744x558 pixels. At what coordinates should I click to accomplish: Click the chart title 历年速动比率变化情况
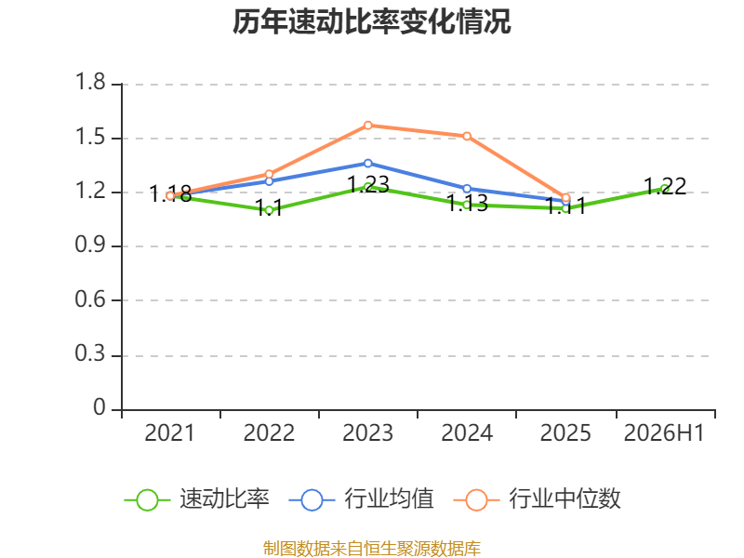coord(371,21)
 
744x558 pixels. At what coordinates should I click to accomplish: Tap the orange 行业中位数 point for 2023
coord(368,126)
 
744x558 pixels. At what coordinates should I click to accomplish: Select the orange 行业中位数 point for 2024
coord(467,136)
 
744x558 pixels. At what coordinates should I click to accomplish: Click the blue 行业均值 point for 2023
coord(368,164)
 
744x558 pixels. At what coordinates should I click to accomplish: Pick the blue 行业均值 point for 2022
coord(269,181)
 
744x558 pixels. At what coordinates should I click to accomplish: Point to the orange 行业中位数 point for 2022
coord(269,174)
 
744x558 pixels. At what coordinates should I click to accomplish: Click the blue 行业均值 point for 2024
coord(467,189)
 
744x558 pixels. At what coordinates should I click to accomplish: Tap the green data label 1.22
coord(665,186)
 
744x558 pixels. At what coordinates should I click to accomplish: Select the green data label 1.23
coord(368,184)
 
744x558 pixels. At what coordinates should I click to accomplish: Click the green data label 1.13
coord(467,203)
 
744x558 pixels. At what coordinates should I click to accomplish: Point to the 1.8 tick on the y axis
coord(90,82)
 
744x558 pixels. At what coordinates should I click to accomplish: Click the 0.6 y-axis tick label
coord(90,299)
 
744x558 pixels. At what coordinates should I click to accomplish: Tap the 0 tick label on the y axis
coord(100,407)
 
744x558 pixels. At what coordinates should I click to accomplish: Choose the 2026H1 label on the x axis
coord(664,432)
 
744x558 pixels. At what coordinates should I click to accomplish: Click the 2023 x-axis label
coord(367,432)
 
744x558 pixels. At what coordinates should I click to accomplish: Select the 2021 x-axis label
coord(169,432)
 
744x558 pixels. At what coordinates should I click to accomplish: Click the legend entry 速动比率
coord(197,499)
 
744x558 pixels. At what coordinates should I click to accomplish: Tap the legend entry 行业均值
coord(362,499)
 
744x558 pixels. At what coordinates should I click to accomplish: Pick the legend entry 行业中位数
coord(538,499)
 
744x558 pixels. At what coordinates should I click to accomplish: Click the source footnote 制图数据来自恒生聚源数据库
coord(372,549)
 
